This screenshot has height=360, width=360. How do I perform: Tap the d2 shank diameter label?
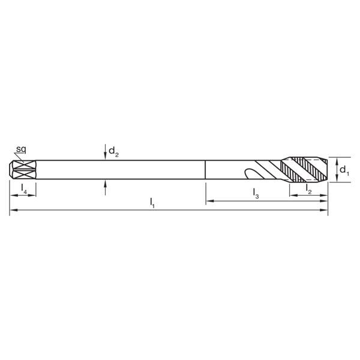(x=113, y=153)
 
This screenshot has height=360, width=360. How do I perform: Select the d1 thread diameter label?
(x=344, y=171)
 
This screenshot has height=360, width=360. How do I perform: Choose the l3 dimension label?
(x=256, y=194)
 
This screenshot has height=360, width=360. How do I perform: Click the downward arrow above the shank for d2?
(x=105, y=157)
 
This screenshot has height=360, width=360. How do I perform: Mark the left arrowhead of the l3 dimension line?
(x=209, y=201)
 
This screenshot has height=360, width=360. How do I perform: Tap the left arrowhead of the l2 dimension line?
(x=292, y=195)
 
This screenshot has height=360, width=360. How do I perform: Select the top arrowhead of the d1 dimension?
(x=335, y=160)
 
